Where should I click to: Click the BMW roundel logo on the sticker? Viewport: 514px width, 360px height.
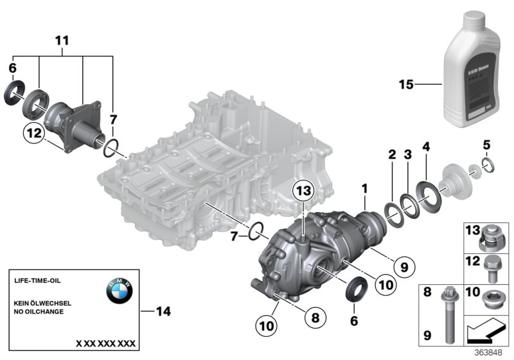[119, 292]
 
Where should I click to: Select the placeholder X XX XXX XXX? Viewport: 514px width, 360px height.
[106, 343]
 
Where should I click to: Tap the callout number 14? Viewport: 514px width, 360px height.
[164, 312]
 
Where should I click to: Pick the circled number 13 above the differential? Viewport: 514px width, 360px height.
[304, 190]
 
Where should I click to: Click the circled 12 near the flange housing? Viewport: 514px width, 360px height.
[33, 134]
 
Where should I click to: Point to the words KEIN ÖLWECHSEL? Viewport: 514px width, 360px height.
[42, 302]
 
